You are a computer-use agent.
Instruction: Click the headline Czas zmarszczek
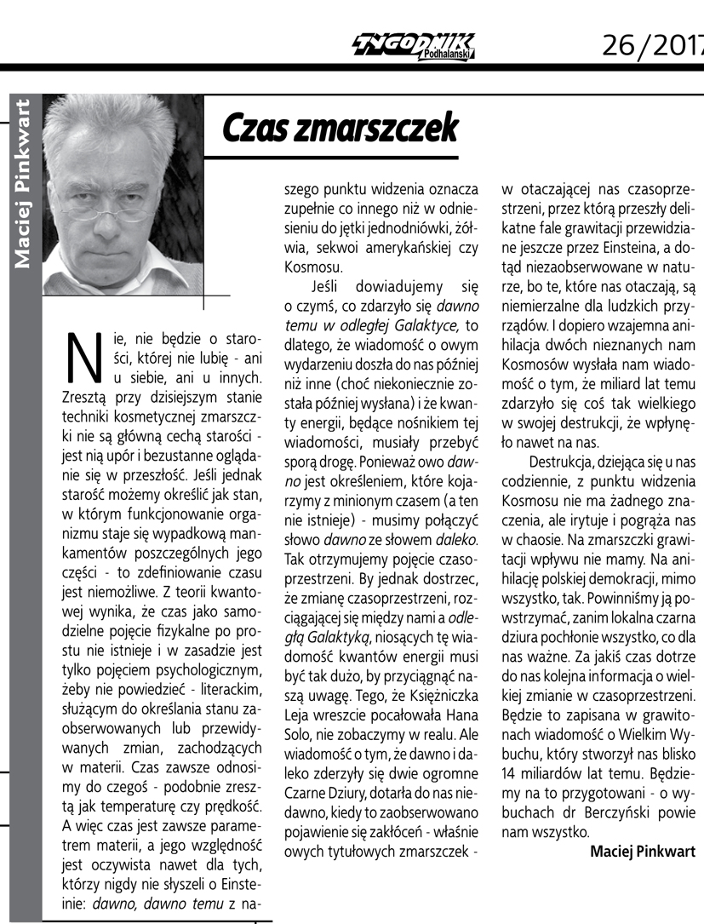(x=340, y=128)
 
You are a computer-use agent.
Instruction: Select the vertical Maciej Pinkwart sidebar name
(x=24, y=184)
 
